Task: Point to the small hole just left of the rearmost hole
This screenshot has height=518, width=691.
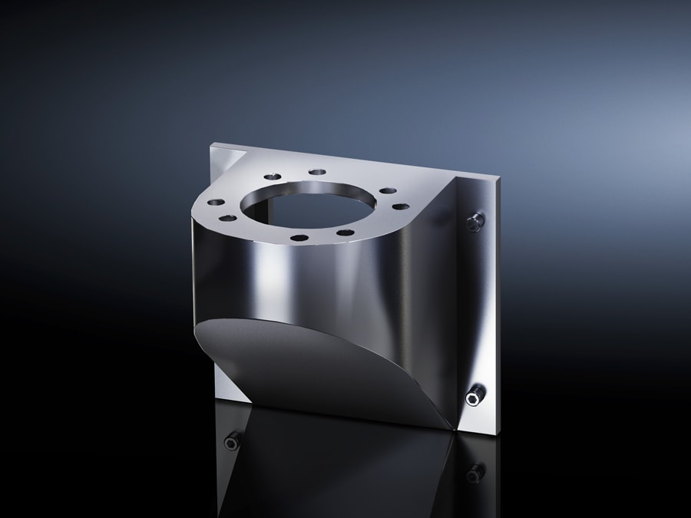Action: click(270, 177)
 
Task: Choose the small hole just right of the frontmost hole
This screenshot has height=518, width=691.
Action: click(345, 233)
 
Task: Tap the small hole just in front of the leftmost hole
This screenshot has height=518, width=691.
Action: click(227, 219)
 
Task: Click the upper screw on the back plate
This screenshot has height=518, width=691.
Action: click(476, 221)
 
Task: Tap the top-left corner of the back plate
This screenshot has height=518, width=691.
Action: click(213, 144)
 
